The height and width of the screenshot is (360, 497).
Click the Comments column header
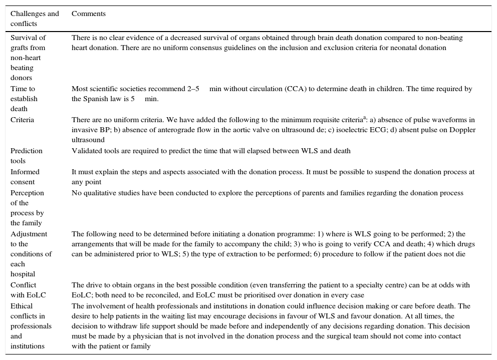[x=89, y=14]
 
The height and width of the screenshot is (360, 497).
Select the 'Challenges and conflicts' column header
[x=35, y=19]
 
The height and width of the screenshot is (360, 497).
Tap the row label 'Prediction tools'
[x=27, y=156]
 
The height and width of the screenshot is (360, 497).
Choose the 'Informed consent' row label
[x=25, y=177]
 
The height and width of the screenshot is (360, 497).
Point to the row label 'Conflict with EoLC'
[x=28, y=290]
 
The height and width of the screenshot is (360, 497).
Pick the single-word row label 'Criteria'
[x=22, y=120]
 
